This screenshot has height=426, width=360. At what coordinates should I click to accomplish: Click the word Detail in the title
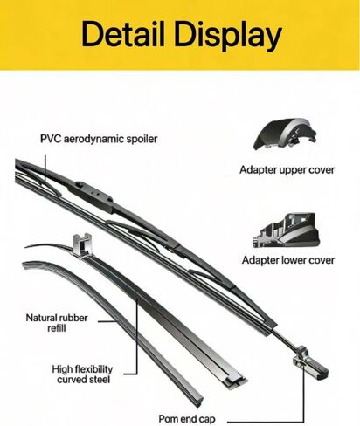123,34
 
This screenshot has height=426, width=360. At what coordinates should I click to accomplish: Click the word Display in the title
228,36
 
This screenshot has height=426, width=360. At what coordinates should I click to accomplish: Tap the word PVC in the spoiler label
51,139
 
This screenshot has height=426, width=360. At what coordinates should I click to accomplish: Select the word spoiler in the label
142,139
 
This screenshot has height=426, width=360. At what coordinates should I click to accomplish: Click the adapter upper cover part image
284,134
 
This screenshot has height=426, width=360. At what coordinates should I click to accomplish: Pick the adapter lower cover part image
286,230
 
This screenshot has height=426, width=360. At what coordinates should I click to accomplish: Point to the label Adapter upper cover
287,170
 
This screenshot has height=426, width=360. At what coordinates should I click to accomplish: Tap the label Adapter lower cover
288,260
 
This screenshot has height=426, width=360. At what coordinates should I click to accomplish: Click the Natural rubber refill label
57,323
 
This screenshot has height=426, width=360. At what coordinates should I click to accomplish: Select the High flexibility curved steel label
82,374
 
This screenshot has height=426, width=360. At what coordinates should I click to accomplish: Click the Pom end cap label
187,419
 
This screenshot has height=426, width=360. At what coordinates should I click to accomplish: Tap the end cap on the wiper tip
310,362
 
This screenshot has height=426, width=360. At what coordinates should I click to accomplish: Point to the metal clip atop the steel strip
82,245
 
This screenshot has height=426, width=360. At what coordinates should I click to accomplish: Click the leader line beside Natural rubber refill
107,321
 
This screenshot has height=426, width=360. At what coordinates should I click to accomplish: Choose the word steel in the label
99,380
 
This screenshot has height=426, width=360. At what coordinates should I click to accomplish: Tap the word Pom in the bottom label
169,419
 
